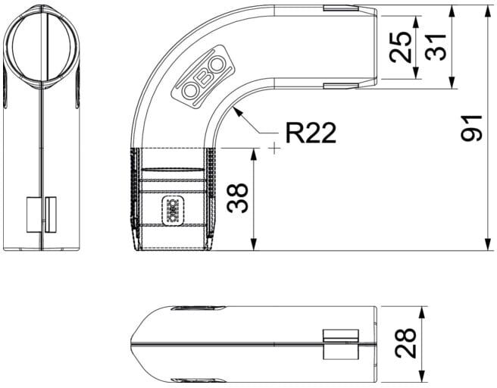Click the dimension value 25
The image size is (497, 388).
click(x=400, y=47)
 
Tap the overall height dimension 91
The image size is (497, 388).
click(x=471, y=128)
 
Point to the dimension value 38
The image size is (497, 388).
click(x=237, y=198)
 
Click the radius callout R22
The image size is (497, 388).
click(x=311, y=133)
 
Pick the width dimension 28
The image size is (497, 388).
click(x=405, y=343)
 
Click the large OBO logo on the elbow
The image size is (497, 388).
click(x=203, y=77)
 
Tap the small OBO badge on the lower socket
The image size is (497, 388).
click(x=173, y=211)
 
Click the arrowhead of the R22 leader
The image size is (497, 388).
click(x=237, y=111)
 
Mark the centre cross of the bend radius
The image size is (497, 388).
click(x=274, y=148)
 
